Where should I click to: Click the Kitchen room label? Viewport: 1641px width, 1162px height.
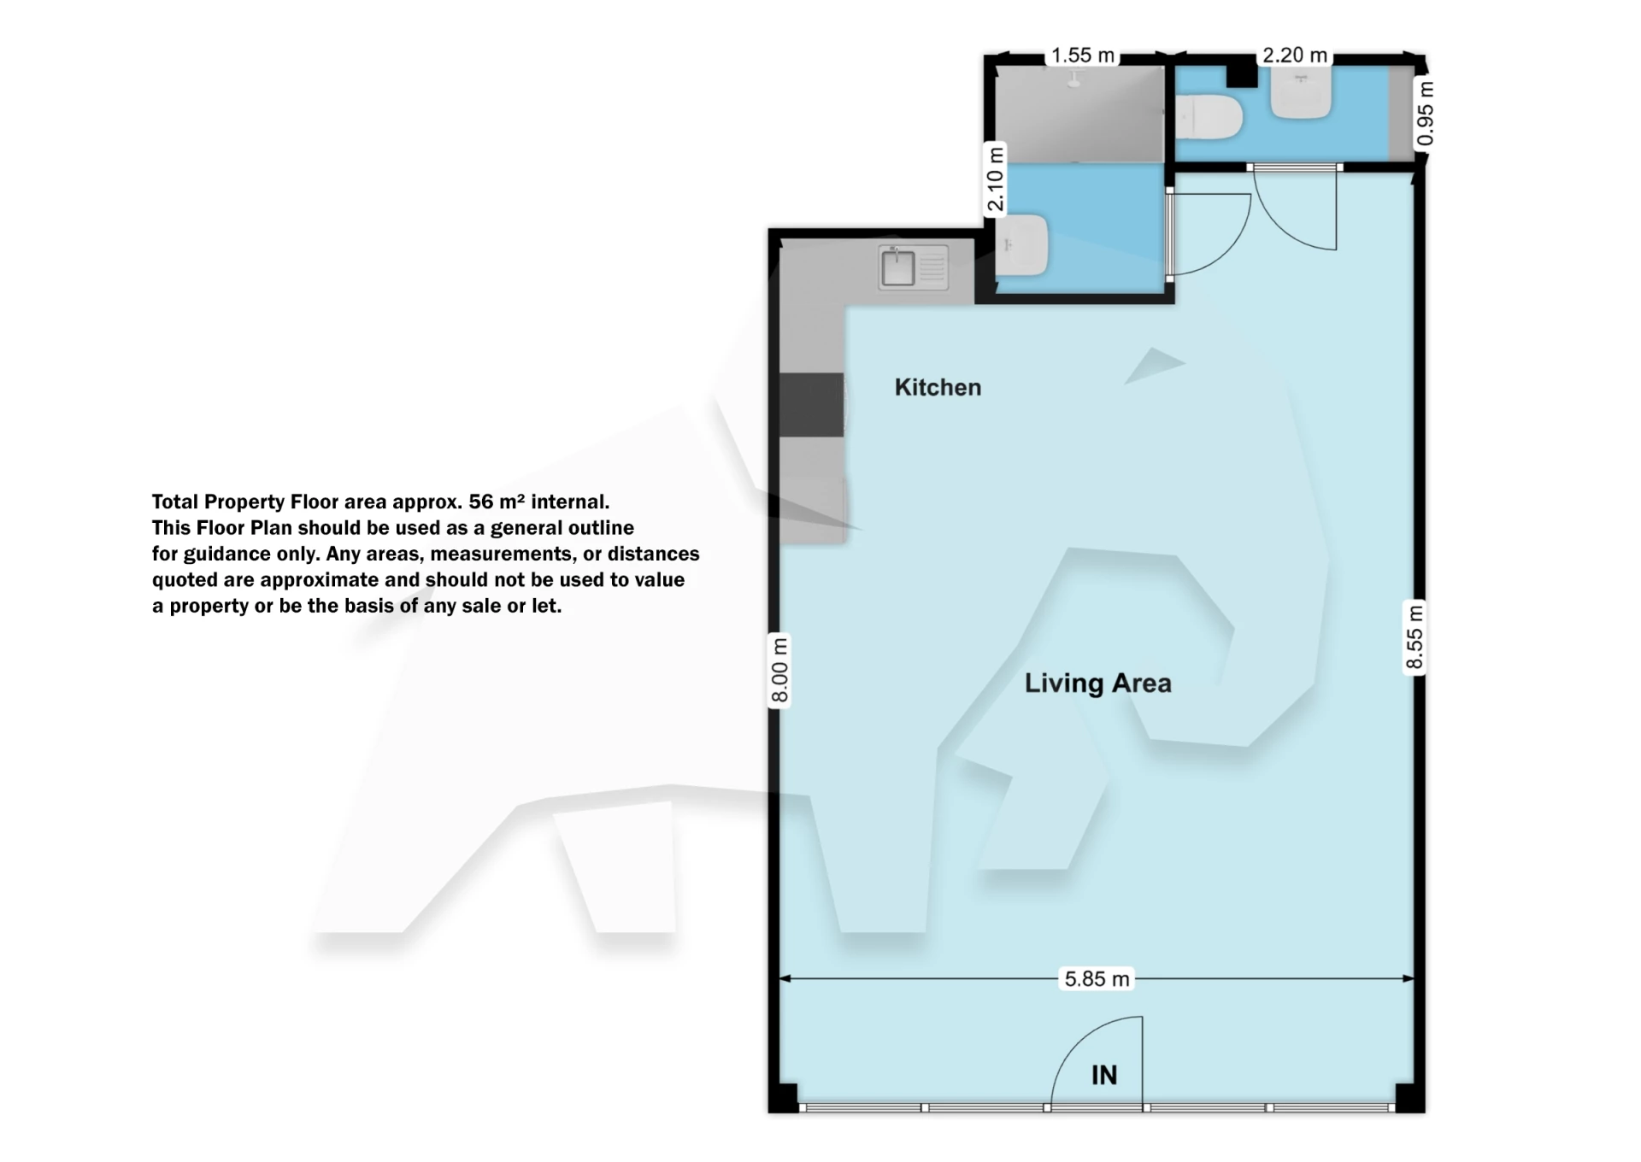pos(938,387)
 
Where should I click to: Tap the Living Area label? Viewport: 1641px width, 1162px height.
pos(1097,683)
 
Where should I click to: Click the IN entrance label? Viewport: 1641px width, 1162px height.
pos(1104,1075)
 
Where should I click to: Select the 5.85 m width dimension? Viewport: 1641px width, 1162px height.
pos(1097,978)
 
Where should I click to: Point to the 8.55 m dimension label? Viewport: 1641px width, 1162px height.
pos(1415,637)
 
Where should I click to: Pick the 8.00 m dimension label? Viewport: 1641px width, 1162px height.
pos(779,670)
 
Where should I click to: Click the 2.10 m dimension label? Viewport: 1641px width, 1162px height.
pos(995,179)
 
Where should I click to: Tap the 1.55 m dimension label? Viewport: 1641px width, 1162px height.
pos(1083,56)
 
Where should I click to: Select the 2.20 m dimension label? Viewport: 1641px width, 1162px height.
pos(1295,56)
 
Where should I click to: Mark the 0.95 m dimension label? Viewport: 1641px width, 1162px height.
pos(1425,114)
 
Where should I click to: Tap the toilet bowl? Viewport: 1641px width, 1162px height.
pos(1208,118)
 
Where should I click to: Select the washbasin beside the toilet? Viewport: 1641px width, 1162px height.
pos(1301,92)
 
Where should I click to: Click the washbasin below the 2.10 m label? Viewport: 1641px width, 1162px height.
pos(1022,245)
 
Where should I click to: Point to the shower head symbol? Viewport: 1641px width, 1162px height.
pos(1074,79)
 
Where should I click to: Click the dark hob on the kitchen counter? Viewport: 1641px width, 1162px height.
pos(812,405)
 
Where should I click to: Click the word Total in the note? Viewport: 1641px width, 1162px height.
pos(175,502)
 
